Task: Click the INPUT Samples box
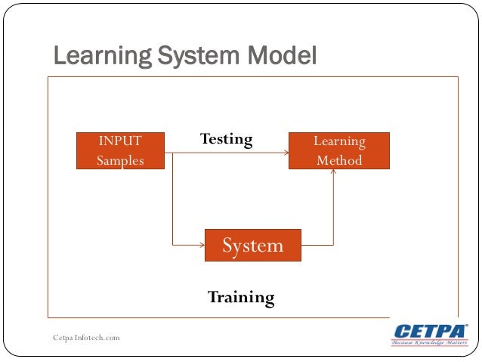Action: point(120,150)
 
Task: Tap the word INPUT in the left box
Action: point(120,141)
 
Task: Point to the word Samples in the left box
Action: point(120,160)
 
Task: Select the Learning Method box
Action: point(339,150)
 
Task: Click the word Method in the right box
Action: point(339,160)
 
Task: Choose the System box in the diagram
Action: point(252,246)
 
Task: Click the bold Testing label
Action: point(226,139)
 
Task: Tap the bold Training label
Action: point(241,297)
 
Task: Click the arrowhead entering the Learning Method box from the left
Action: point(286,153)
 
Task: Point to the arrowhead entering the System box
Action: point(202,245)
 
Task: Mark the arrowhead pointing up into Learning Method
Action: point(333,173)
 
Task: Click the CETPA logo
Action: point(428,331)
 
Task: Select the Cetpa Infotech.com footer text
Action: point(86,337)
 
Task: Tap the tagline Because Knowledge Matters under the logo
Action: point(429,343)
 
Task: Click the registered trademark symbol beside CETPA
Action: point(466,325)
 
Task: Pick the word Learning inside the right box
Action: point(339,141)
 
